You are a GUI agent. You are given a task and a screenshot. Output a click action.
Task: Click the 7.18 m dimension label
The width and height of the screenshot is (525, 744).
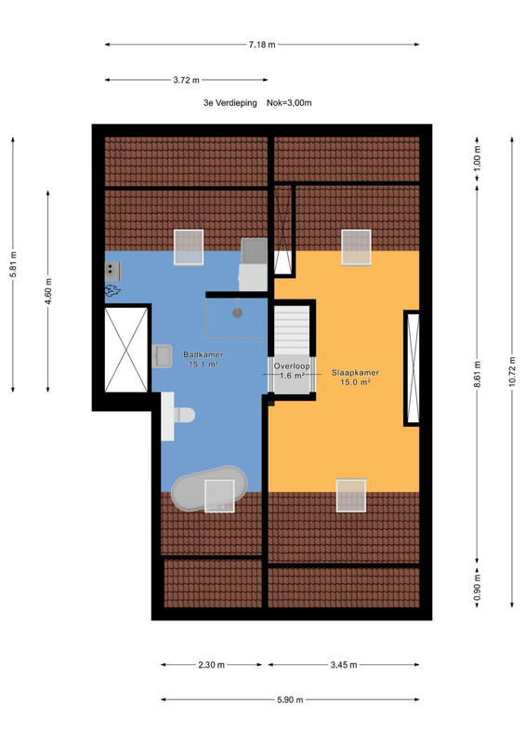(262, 45)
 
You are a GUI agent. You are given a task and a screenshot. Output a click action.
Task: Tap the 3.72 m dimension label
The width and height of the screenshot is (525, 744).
(186, 80)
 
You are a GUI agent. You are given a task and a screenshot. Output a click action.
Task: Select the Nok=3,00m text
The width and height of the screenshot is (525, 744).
(289, 103)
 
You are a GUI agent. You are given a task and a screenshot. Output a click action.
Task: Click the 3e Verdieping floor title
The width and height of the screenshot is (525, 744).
(230, 103)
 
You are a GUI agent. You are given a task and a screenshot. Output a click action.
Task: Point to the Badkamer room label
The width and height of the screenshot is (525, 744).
(203, 354)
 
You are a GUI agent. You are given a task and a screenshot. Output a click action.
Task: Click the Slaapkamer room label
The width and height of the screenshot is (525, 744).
(355, 373)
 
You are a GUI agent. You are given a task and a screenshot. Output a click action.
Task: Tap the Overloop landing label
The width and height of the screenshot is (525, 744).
(292, 365)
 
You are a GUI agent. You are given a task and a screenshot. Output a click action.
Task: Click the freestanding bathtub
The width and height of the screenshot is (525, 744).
(209, 488)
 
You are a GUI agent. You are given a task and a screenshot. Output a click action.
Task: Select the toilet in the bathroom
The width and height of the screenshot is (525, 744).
(184, 415)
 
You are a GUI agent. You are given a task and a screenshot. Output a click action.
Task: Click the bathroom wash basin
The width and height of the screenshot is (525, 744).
(163, 356)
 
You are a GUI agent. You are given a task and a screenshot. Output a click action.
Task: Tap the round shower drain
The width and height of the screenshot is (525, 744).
(237, 312)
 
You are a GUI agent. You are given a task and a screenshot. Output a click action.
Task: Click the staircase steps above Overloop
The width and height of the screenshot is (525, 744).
(292, 330)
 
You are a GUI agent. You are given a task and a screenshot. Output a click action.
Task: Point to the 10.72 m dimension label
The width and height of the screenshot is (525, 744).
(512, 371)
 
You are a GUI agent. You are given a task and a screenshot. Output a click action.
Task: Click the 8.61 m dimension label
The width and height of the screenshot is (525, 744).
(477, 374)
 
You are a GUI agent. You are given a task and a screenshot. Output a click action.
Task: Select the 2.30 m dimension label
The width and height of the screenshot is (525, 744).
(211, 665)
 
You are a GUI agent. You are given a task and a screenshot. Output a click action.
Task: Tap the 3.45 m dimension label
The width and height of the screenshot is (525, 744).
(344, 665)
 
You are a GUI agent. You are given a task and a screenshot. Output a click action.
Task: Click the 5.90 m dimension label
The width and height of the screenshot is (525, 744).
(290, 700)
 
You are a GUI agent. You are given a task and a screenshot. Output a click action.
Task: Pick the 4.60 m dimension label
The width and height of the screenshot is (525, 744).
(48, 291)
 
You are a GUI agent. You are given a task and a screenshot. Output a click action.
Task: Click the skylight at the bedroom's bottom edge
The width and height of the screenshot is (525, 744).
(351, 496)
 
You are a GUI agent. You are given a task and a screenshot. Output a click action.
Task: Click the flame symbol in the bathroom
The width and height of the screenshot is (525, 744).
(112, 290)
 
